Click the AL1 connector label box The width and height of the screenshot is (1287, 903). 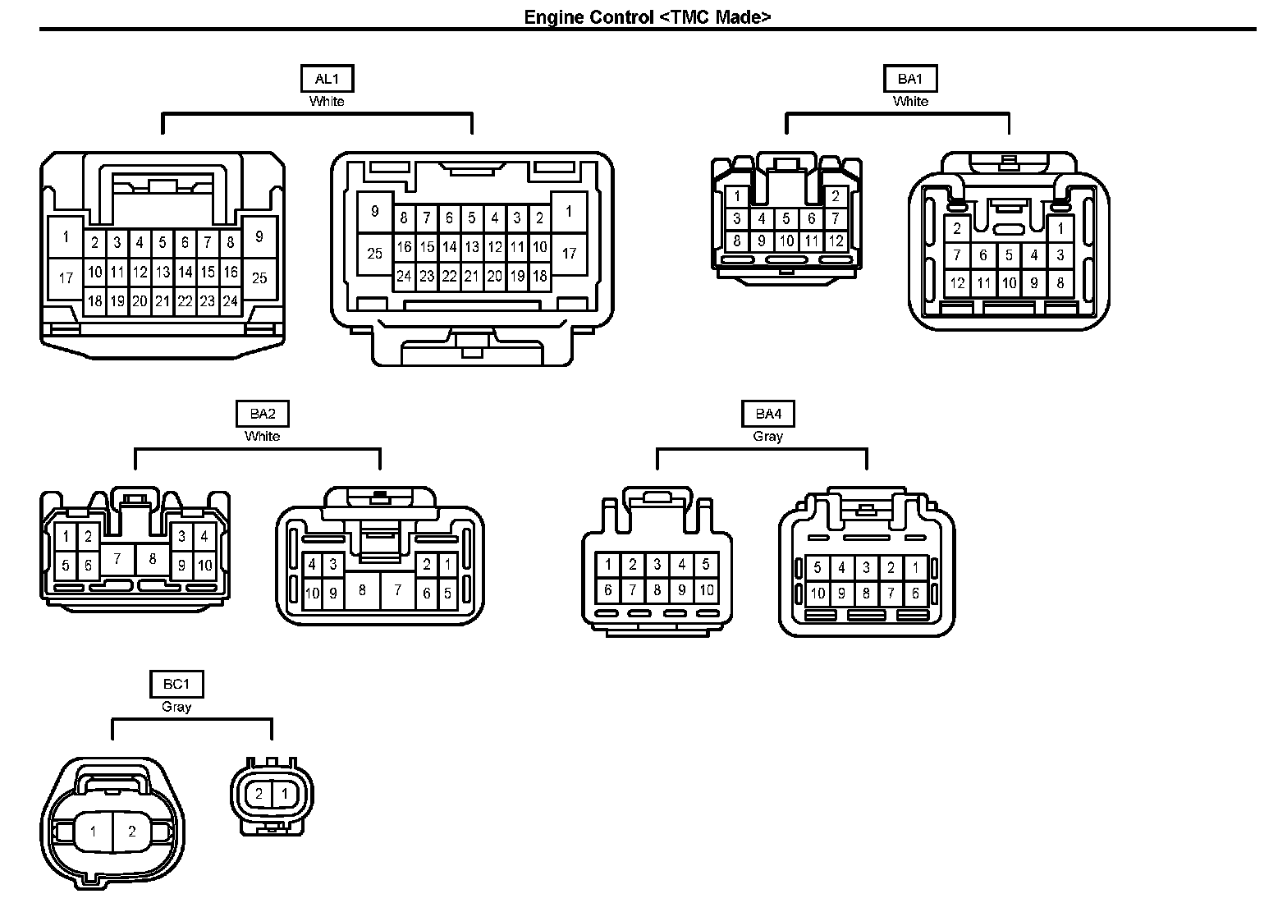pos(327,79)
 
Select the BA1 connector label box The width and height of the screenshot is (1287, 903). pos(910,79)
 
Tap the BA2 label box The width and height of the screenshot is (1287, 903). pos(263,414)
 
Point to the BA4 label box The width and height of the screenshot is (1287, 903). pos(768,414)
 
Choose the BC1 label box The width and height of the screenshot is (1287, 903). pos(176,684)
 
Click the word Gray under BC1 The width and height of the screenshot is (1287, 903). pos(176,707)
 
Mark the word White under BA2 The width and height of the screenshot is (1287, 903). pos(263,437)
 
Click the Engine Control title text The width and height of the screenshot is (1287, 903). pos(648,17)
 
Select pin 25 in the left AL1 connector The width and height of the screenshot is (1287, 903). pos(259,278)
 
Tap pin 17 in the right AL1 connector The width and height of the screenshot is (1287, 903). pos(569,254)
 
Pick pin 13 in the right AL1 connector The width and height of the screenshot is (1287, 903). pos(472,247)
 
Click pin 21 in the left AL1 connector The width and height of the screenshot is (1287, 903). pos(163,301)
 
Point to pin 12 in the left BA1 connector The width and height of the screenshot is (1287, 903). pos(836,241)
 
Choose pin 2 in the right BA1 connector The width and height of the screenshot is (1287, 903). pos(957,229)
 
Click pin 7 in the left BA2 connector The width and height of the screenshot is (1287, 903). pos(117,559)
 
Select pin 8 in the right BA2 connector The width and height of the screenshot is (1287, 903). pos(362,589)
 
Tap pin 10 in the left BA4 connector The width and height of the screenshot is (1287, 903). pos(706,589)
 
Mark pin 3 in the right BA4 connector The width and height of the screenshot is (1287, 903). pos(866,567)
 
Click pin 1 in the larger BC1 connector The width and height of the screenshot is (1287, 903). pos(93,832)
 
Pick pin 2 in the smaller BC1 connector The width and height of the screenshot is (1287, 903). pos(259,794)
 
